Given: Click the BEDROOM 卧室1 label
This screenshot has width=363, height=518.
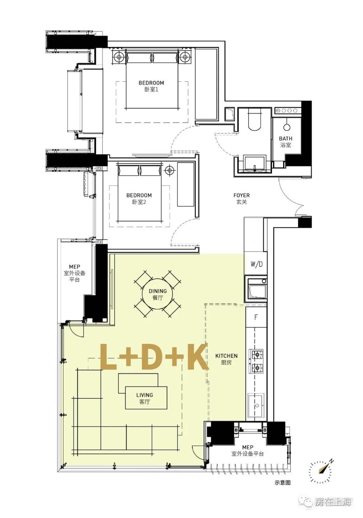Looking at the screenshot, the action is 151,86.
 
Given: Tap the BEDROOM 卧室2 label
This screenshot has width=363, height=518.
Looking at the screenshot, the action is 139,199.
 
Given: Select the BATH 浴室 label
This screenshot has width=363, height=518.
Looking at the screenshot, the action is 285,141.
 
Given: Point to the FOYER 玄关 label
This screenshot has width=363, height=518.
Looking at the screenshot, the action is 242,199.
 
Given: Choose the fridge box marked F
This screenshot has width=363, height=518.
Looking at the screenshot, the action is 256,317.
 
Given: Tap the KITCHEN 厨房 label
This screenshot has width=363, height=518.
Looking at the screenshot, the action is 226,359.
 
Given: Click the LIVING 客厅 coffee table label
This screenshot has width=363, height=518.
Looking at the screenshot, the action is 145,398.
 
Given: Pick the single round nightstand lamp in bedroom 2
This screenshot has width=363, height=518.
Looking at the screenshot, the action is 170,170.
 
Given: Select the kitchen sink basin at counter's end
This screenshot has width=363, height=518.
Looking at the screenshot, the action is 255,405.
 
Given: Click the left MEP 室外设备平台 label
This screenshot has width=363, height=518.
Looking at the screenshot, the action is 75,273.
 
